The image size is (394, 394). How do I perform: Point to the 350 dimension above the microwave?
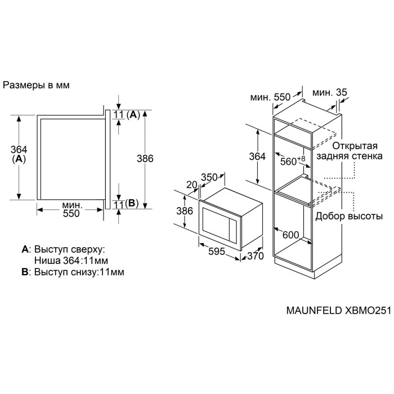click(x=209, y=178)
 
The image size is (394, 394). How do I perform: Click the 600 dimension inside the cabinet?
click(x=291, y=235)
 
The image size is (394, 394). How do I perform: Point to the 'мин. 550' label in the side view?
click(x=71, y=209)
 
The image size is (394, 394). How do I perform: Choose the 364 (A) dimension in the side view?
click(x=19, y=154)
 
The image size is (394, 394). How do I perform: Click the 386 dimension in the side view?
click(x=145, y=159)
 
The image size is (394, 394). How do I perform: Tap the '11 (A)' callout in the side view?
click(x=126, y=115)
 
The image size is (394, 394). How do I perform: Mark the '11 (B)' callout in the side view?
click(x=126, y=203)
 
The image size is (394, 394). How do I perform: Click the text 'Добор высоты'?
click(x=349, y=216)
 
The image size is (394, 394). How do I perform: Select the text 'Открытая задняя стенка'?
click(x=343, y=150)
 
